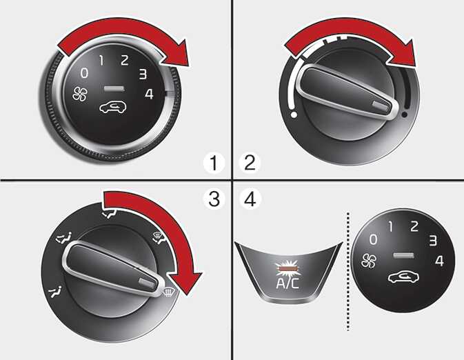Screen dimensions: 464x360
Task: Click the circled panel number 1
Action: [x=214, y=163]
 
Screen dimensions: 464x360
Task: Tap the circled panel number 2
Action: [x=250, y=163]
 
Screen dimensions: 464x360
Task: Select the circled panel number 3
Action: [x=214, y=199]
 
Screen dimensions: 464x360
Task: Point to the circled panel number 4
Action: [x=250, y=199]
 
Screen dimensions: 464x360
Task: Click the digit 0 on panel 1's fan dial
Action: [x=84, y=72]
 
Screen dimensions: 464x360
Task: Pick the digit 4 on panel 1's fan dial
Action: [x=149, y=94]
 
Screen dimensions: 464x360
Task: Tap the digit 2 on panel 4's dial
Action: [x=414, y=226]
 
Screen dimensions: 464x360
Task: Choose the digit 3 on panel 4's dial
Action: [x=433, y=241]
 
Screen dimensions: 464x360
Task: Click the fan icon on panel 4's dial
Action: [x=369, y=261]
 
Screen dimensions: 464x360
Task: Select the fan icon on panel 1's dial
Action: [x=80, y=94]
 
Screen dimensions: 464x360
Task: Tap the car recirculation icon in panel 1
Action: [x=113, y=107]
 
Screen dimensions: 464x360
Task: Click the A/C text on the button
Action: [x=288, y=283]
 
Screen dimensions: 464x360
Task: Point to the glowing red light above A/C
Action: [x=288, y=268]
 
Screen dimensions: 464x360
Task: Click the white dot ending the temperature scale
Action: [x=294, y=114]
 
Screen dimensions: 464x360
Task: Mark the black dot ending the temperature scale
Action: [x=404, y=114]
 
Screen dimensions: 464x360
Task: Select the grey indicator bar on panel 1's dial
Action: [x=114, y=88]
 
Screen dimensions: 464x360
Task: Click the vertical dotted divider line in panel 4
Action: [x=348, y=271]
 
